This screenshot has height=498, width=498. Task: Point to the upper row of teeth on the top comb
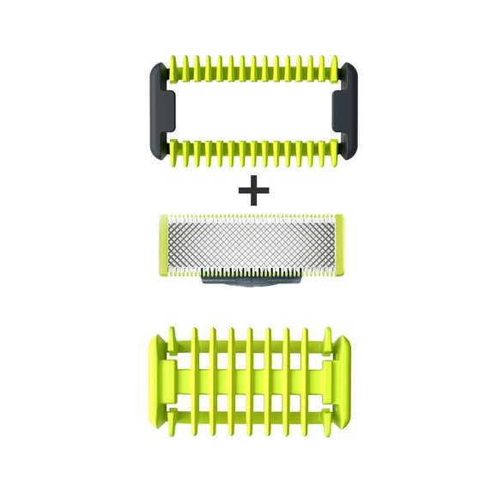click(x=249, y=70)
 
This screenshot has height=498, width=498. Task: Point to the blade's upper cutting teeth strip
click(x=249, y=218)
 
